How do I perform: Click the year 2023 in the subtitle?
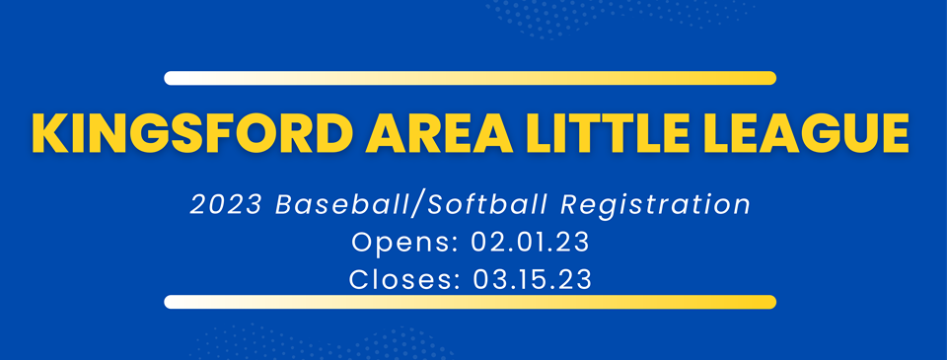click(227, 206)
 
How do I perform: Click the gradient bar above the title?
click(470, 78)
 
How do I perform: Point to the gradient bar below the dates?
click(470, 302)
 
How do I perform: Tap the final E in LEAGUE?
click(892, 133)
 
